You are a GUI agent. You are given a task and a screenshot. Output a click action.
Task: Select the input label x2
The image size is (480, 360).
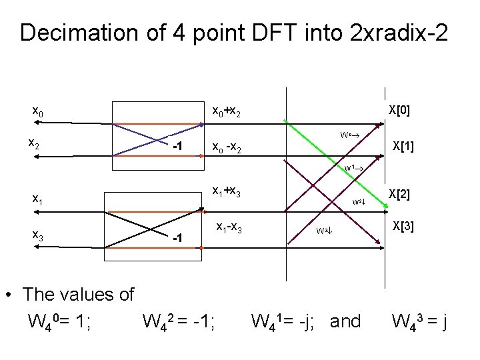(x=37, y=143)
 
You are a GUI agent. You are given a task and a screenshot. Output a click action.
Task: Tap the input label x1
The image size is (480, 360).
(x=38, y=198)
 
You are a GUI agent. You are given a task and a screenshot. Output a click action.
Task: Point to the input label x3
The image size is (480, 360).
(x=38, y=235)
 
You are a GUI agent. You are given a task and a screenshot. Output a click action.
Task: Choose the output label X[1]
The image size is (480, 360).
(x=403, y=146)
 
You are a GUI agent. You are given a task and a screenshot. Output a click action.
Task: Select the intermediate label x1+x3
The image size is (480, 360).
(x=226, y=191)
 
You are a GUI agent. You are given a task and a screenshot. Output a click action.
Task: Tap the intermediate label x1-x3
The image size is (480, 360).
(x=229, y=227)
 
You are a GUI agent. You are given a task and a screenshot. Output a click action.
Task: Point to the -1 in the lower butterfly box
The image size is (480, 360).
(x=177, y=237)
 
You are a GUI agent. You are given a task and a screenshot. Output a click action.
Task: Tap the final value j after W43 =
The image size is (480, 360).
(x=442, y=322)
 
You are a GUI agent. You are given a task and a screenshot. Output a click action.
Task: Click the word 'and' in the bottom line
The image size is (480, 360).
(x=345, y=322)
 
